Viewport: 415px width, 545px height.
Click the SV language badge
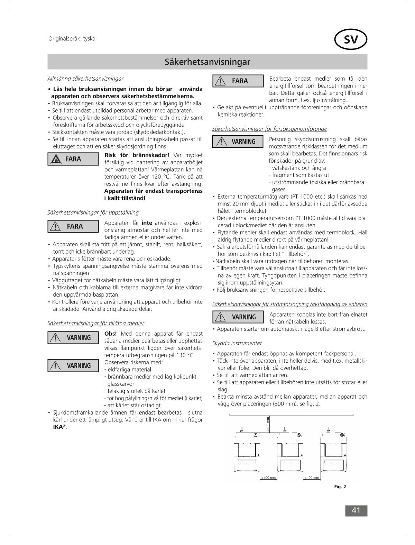[x=351, y=40]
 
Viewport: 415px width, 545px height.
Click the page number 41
[x=356, y=510]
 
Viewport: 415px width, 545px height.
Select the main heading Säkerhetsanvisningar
[x=207, y=62]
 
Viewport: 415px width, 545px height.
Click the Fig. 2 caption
[x=340, y=487]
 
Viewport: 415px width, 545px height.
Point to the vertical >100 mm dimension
[x=268, y=424]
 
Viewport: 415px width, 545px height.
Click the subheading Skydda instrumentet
[x=237, y=343]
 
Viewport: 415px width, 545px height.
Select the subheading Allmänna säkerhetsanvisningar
[x=85, y=79]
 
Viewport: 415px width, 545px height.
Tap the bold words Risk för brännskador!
[x=137, y=155]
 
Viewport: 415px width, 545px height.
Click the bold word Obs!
[x=110, y=334]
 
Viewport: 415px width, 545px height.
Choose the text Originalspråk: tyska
[x=72, y=39]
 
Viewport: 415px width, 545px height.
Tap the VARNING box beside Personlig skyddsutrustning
[x=238, y=142]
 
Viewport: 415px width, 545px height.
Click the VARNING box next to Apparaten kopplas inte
[x=238, y=317]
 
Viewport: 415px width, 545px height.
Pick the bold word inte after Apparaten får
[x=147, y=223]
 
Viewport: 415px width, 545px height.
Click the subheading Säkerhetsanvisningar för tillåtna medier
[x=96, y=323]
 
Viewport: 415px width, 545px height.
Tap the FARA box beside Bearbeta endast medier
[x=238, y=81]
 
